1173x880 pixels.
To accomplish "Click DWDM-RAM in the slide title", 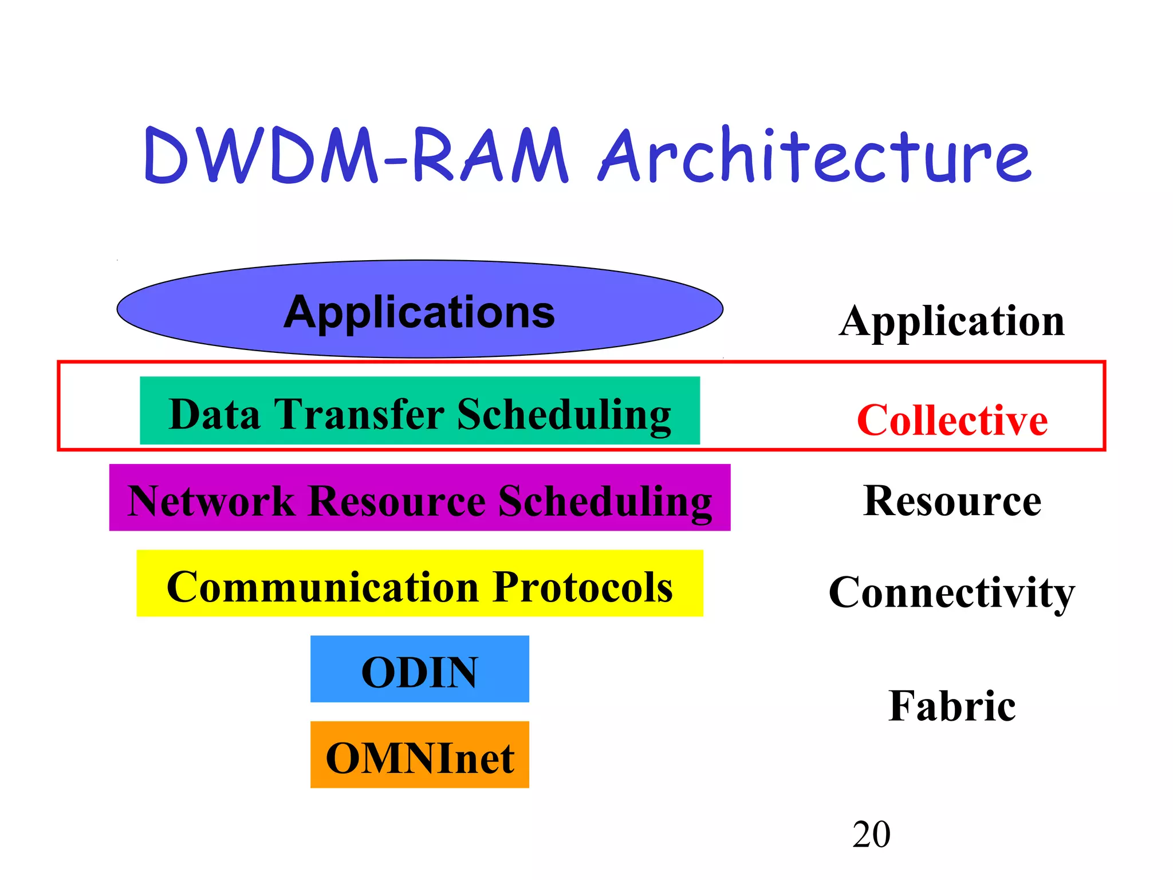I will pos(355,156).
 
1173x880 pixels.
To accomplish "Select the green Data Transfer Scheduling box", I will pos(420,411).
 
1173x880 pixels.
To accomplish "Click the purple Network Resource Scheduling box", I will pos(420,498).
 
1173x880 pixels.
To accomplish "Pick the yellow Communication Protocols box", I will pos(420,584).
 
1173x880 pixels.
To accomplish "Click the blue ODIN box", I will pos(420,669).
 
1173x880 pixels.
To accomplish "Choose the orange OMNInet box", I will pos(420,755).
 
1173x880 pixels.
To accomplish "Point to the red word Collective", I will pos(952,421).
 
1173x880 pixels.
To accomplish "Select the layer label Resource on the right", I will pos(952,501).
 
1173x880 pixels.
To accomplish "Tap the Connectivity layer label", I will pos(952,592).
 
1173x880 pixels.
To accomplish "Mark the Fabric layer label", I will pos(952,706).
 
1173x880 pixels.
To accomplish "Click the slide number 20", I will pos(871,834).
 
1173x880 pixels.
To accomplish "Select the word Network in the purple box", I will pos(211,501).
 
